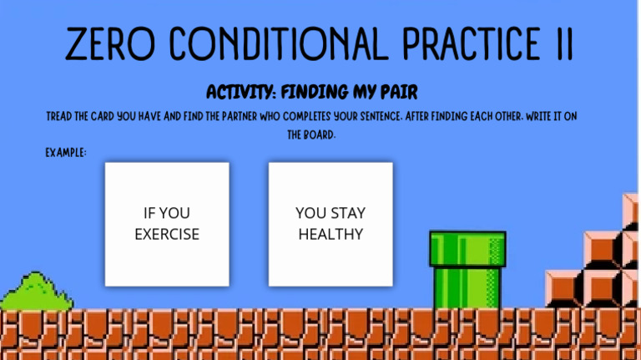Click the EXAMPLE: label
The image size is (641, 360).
pyautogui.click(x=65, y=153)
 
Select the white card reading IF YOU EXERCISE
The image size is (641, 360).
pyautogui.click(x=167, y=224)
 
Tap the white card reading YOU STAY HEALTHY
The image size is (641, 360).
pyautogui.click(x=331, y=224)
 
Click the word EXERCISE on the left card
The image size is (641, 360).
pyautogui.click(x=167, y=235)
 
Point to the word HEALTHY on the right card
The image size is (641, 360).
pyautogui.click(x=331, y=235)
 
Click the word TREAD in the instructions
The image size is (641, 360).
pyautogui.click(x=63, y=116)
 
